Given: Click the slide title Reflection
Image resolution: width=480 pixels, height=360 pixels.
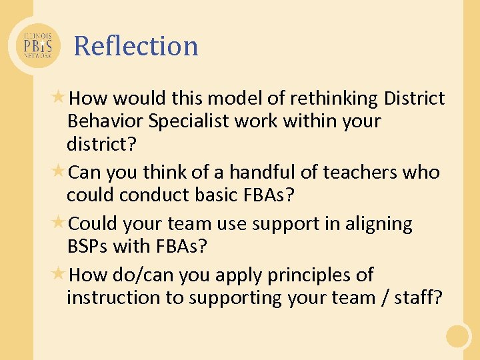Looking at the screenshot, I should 136,46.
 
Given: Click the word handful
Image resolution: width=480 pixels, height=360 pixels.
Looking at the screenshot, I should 263,172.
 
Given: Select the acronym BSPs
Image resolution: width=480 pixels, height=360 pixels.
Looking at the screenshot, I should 89,246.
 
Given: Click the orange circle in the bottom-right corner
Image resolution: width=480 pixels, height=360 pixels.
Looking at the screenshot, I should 458,336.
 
